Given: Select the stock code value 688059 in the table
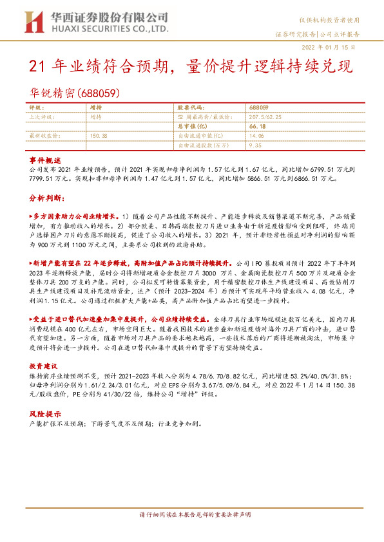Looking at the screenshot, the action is coord(257,107).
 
